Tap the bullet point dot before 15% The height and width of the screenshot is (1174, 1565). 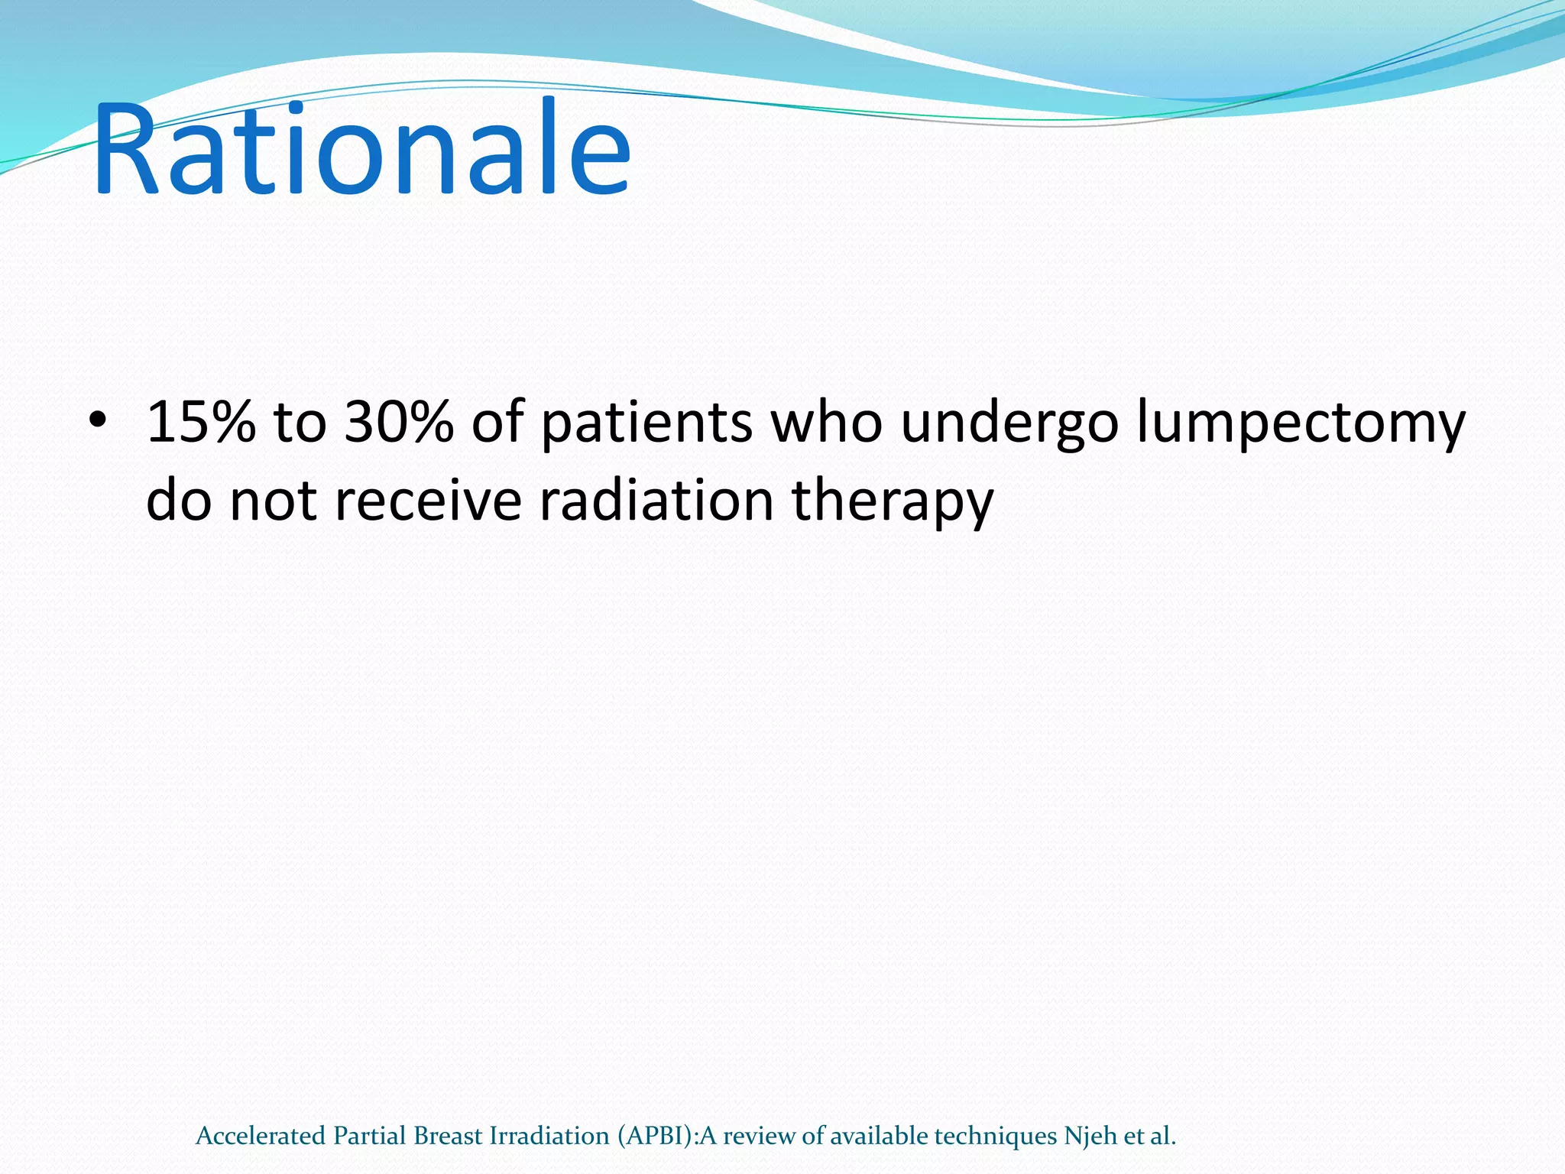[x=97, y=421]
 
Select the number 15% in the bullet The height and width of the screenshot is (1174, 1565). [x=200, y=421]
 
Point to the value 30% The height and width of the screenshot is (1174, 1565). [x=398, y=421]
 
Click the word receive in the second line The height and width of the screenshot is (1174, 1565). [x=428, y=501]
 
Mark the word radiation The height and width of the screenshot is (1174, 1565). [x=656, y=501]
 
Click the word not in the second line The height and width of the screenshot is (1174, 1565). [x=272, y=501]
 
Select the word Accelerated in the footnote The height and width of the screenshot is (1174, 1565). [x=261, y=1136]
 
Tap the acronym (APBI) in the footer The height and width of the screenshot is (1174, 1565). [x=656, y=1137]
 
